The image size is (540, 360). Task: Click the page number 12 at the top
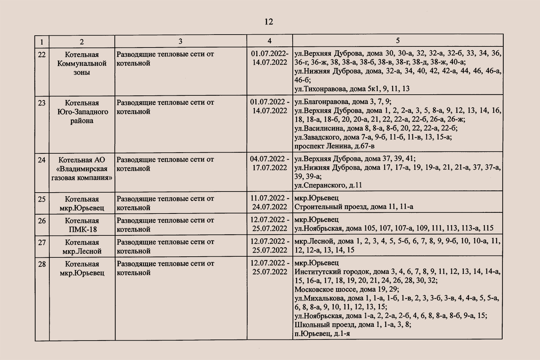pos(269,22)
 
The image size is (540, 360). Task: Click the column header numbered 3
pos(180,41)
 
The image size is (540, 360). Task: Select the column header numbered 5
pos(397,41)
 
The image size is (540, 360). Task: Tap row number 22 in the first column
pos(42,55)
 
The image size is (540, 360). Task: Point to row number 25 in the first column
pos(42,199)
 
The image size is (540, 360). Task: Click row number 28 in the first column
pos(42,264)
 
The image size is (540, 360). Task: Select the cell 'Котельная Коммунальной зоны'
pos(82,63)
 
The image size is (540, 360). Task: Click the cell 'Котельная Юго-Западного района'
pos(82,112)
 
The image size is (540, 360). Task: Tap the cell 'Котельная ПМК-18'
pos(82,225)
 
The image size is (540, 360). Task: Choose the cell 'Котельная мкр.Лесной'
pos(82,247)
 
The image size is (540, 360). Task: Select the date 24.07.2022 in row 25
pos(270,207)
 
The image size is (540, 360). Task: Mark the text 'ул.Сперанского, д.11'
pos(328,185)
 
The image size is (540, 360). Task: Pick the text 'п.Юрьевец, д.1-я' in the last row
pos(322,334)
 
